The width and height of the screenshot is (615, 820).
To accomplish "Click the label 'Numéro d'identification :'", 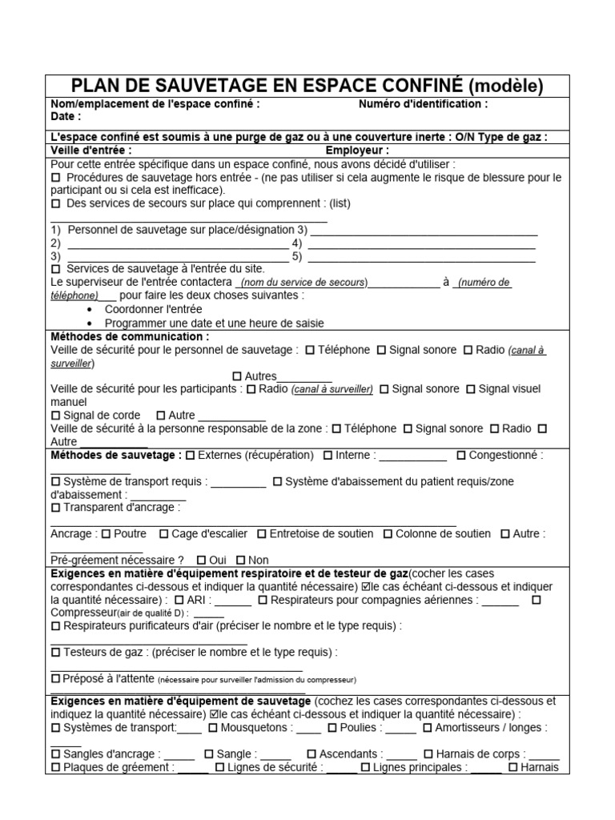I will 423,104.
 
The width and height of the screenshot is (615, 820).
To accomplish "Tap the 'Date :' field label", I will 66,116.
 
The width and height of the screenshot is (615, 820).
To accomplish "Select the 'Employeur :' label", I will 357,150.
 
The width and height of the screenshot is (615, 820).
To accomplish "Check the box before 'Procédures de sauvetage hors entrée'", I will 55,177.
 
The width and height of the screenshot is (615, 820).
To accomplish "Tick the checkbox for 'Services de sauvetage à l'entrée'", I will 55,268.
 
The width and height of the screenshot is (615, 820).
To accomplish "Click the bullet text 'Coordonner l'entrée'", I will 154,309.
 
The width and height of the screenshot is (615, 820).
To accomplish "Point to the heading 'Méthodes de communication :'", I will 130,336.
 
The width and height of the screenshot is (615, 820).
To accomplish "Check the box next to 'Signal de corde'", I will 55,416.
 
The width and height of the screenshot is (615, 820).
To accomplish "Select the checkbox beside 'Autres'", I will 236,376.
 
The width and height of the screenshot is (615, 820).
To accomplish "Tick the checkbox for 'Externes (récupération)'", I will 190,456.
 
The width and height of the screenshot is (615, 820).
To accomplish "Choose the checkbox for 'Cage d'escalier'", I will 164,533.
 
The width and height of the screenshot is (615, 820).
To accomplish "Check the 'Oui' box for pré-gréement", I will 201,560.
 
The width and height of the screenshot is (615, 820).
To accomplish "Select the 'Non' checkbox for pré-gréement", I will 240,560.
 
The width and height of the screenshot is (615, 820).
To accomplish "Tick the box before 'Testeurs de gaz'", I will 55,652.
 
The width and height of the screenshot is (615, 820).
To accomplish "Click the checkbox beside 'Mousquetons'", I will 213,728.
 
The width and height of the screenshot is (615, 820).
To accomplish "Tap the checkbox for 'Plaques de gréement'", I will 55,767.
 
